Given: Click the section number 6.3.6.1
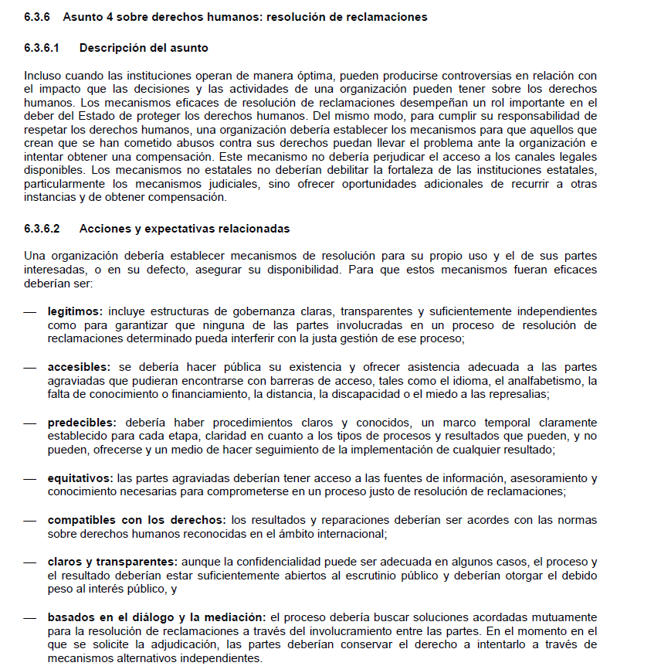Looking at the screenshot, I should click(x=42, y=48).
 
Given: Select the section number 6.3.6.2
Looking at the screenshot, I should click(x=42, y=229).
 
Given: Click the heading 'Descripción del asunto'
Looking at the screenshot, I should click(x=144, y=48).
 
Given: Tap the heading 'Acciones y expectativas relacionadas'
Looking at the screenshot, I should click(x=184, y=229).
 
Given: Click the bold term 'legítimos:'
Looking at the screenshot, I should click(x=75, y=311).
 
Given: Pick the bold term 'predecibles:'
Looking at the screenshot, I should click(x=82, y=422).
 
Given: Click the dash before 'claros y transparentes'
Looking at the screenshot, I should click(x=30, y=562).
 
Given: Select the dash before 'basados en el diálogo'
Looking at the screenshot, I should click(x=30, y=618).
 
